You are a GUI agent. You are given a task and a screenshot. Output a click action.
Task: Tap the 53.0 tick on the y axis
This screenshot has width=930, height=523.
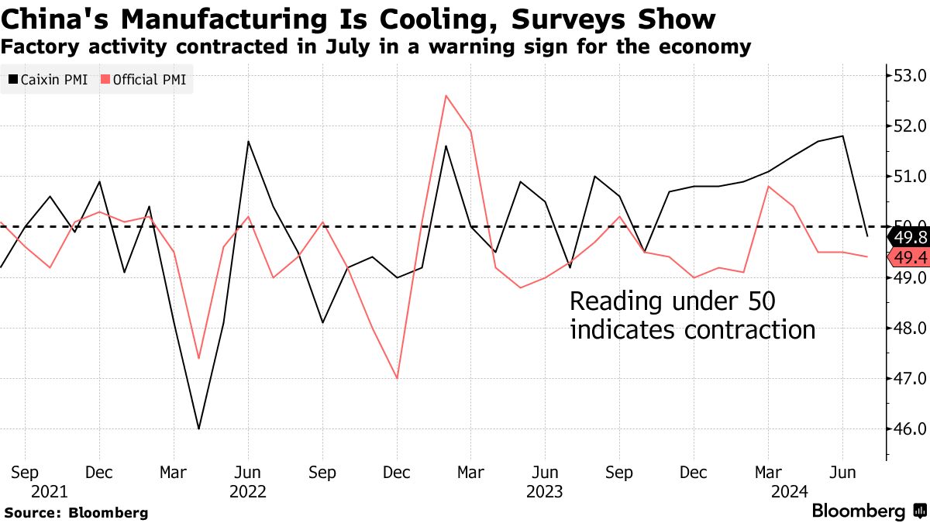(x=910, y=76)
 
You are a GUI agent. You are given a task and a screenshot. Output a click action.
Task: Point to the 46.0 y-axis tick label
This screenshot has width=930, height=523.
(x=910, y=428)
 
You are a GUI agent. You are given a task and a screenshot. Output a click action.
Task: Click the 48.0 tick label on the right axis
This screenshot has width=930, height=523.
(x=910, y=328)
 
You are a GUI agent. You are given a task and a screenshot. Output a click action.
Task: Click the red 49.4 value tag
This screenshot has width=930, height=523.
(x=908, y=257)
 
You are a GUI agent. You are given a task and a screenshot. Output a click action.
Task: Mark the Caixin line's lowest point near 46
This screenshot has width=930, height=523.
(x=198, y=428)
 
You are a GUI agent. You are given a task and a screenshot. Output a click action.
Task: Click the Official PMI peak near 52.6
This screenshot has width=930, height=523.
(x=446, y=95)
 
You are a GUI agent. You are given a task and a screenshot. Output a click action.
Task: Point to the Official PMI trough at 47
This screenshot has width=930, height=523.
(x=397, y=378)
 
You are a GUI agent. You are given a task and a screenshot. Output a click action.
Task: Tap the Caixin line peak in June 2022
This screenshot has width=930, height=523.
(x=248, y=141)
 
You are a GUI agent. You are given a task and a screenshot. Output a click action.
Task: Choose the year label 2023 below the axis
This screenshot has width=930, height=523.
(x=545, y=491)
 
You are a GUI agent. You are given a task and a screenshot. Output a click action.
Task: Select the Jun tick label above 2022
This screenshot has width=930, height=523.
(x=248, y=472)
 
